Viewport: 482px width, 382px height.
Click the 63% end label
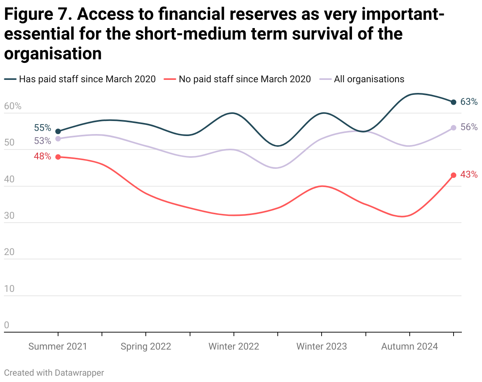[469, 102]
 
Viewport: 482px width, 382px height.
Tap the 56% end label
[469, 127]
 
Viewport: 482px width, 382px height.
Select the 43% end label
[469, 174]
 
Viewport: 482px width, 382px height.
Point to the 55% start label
[43, 128]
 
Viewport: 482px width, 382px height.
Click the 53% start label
[43, 141]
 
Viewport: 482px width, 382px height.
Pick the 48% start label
[43, 156]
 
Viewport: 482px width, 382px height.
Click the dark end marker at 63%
[454, 102]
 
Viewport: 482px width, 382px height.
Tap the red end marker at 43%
[454, 175]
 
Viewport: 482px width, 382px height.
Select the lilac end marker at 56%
[454, 128]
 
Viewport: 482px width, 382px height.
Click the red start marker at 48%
[58, 157]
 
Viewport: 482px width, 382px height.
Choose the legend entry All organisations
[369, 79]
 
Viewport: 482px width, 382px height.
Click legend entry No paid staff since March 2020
[245, 79]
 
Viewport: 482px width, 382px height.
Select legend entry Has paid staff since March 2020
[87, 79]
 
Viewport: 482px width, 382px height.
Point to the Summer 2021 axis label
[58, 346]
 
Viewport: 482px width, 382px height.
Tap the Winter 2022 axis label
[234, 346]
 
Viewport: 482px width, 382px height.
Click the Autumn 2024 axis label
[409, 346]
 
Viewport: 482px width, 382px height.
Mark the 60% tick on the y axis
[13, 106]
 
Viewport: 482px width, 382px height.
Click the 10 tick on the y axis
[9, 289]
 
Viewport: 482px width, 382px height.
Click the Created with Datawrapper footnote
[54, 373]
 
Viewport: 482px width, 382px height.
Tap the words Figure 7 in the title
[38, 15]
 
